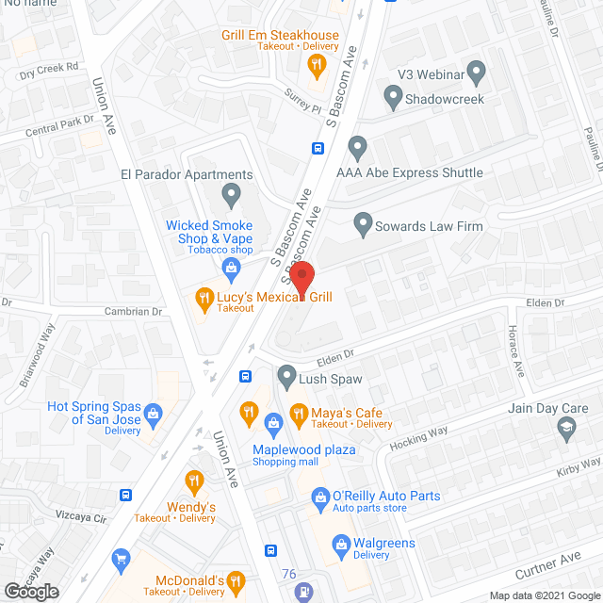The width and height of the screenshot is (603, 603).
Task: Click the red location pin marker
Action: click(x=301, y=279)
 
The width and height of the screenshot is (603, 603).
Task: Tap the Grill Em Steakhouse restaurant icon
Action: click(x=317, y=64)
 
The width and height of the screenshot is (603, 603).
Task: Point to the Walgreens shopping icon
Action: click(x=341, y=543)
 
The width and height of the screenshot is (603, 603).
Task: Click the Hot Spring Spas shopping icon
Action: click(x=155, y=412)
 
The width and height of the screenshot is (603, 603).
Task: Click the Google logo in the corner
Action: click(x=30, y=591)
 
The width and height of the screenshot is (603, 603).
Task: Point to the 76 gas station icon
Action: click(x=303, y=592)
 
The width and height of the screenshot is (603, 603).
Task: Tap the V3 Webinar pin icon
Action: click(x=476, y=70)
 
